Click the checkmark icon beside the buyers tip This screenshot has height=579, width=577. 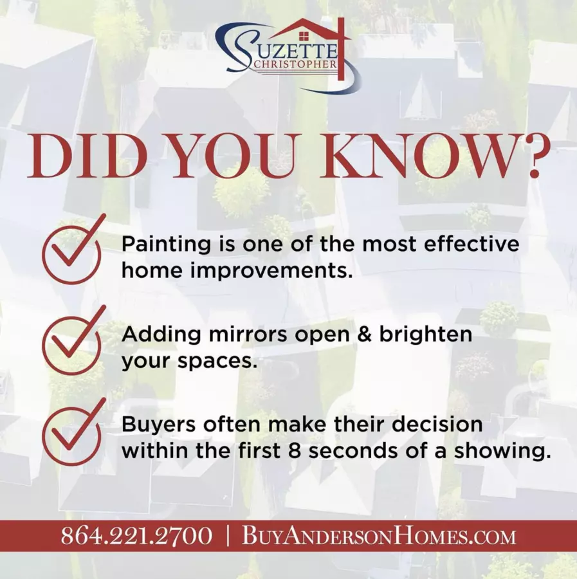[72, 433]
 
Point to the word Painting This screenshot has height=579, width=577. [167, 245]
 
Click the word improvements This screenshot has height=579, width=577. [270, 271]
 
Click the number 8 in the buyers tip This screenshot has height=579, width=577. [295, 451]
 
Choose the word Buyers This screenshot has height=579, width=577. [159, 425]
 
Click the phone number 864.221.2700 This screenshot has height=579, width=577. [136, 536]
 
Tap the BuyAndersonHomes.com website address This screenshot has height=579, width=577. [379, 536]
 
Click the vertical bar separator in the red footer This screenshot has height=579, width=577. [228, 536]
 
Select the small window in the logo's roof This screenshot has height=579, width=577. [304, 36]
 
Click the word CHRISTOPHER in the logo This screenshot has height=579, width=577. [294, 64]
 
